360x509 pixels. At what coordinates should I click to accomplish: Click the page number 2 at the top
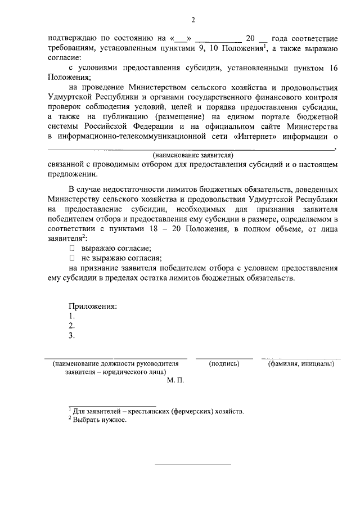coord(193,21)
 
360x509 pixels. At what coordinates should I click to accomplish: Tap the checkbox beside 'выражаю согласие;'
coord(71,248)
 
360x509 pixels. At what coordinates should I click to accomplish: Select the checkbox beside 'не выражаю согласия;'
coord(71,258)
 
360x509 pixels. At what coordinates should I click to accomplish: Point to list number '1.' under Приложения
coord(71,316)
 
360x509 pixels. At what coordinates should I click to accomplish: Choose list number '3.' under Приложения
coord(71,336)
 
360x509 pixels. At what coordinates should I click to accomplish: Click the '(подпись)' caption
coord(224,364)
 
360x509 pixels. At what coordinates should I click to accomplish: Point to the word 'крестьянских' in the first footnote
coord(147,412)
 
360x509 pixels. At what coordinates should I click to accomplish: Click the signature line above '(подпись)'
coord(224,357)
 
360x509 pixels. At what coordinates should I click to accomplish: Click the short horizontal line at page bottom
coord(192,465)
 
